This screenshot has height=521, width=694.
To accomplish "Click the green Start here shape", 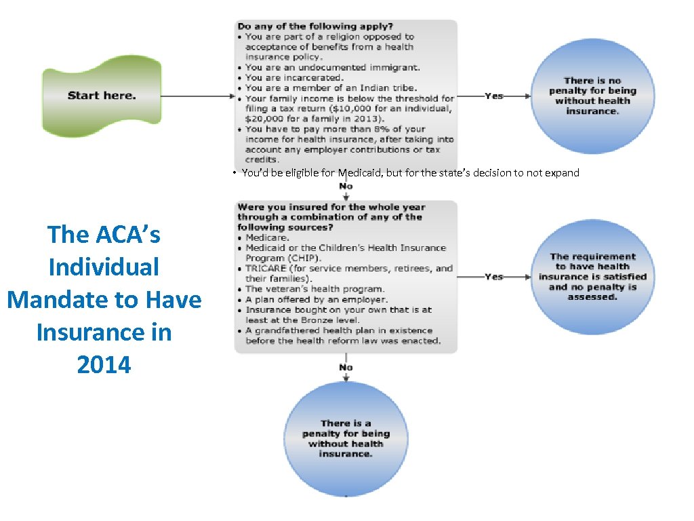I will pos(102,95).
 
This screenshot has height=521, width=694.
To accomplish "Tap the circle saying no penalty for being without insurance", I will pos(592,96).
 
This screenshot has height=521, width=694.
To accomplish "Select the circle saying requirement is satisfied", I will pos(592,277).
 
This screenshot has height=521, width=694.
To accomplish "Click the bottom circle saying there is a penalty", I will pos(346,438).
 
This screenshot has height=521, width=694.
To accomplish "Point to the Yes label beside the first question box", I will pos(494,96).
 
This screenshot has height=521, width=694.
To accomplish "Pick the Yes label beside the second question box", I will pos(494,277).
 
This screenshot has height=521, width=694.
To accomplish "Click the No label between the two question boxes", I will pos(346,186).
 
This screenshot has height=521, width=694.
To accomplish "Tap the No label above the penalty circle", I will pos(346,367).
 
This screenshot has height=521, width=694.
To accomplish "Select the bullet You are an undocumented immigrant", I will pos(332,67).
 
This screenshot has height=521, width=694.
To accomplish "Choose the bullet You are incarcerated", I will pos(294,77).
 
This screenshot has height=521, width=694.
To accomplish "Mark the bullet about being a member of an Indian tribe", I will pos(331,88).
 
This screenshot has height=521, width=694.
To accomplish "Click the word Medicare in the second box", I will pos(267,238).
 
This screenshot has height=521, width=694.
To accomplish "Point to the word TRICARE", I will pos(266,269).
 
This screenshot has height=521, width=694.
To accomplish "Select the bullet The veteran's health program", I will pos(314,289).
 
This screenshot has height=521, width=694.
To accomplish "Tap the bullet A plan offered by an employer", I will pos(316,299).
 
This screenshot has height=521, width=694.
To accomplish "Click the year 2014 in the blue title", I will pos(104,365).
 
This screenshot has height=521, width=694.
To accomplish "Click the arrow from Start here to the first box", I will pos(197,96).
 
